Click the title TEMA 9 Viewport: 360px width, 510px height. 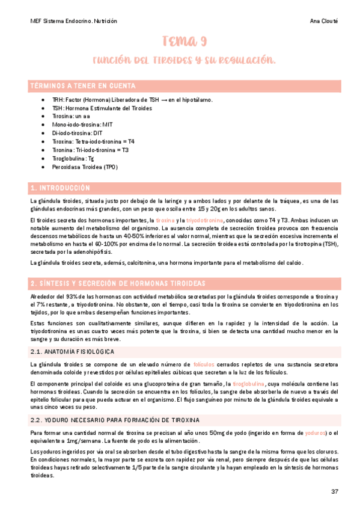pyautogui.click(x=185, y=41)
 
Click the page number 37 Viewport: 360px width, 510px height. pyautogui.click(x=335, y=492)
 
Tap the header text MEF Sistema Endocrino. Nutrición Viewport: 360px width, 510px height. pyautogui.click(x=73, y=21)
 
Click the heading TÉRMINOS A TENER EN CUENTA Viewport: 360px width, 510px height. pyautogui.click(x=83, y=86)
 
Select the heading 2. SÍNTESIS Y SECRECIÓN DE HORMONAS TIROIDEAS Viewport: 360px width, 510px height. pyautogui.click(x=118, y=283)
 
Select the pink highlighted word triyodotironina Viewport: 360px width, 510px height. pyautogui.click(x=204, y=221)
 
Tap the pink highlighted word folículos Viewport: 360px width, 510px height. pyautogui.click(x=204, y=364)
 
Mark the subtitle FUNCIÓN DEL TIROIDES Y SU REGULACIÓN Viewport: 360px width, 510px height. pyautogui.click(x=184, y=61)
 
